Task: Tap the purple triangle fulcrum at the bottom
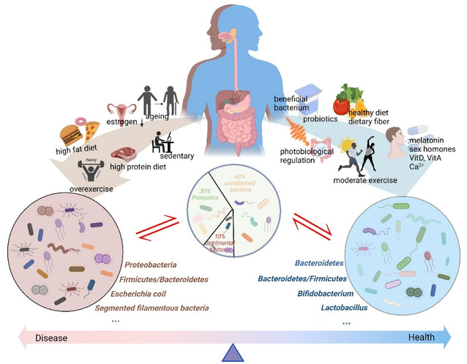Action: (x=233, y=354)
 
